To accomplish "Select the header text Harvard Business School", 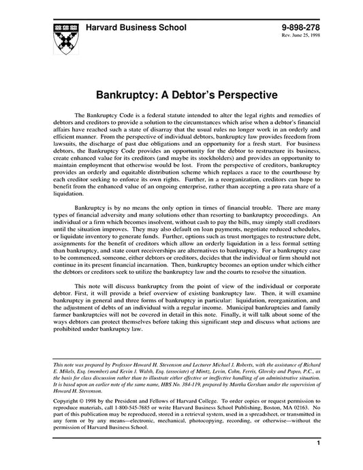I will (139, 26).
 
